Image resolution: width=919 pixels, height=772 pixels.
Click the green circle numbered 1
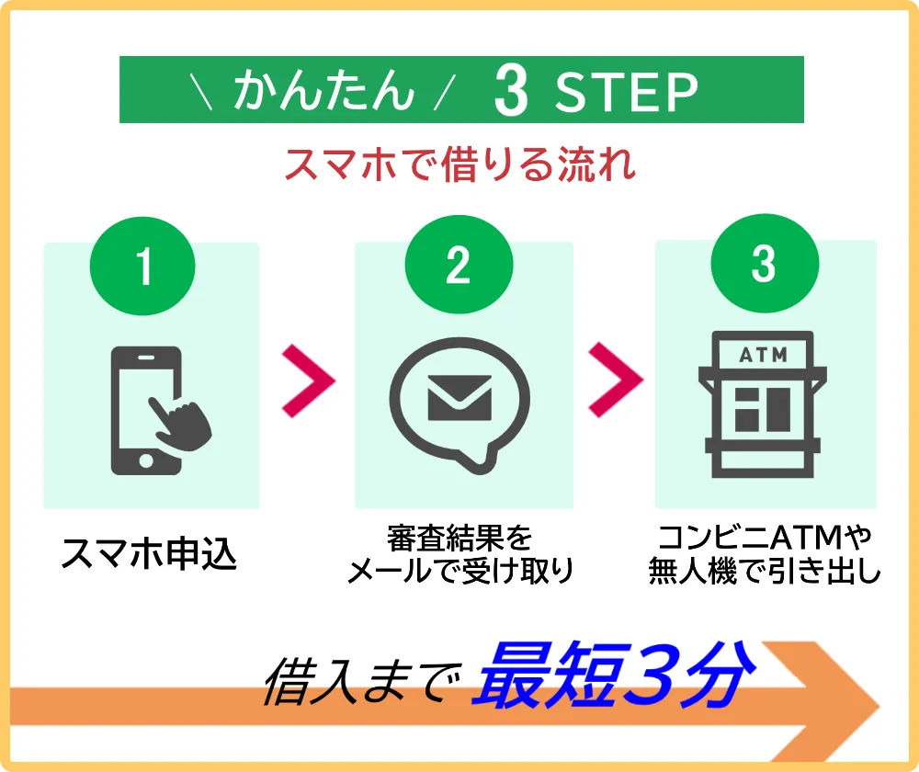point(142,267)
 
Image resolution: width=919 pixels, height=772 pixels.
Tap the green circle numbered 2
point(459,265)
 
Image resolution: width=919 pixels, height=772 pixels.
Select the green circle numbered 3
point(765,263)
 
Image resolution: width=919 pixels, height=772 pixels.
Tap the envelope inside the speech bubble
point(459,398)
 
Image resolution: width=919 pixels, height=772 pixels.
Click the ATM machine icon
point(763,404)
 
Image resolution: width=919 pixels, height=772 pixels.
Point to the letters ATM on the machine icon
point(763,355)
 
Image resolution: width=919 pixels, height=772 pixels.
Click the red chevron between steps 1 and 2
point(308,381)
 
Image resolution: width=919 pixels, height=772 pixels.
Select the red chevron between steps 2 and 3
point(616,380)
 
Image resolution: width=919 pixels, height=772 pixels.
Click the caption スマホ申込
point(149,553)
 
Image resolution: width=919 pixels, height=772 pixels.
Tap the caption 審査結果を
point(459,539)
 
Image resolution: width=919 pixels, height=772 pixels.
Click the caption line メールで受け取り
point(460,571)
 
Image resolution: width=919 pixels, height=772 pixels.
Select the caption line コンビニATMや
point(765,537)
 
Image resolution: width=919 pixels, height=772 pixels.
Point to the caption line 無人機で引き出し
point(765,570)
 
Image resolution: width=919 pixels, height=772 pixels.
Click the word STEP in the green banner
point(627,92)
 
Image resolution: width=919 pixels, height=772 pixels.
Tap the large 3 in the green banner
point(511,90)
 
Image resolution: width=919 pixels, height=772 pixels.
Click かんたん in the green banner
point(324,90)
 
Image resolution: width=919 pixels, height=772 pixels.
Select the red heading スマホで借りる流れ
point(460,165)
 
